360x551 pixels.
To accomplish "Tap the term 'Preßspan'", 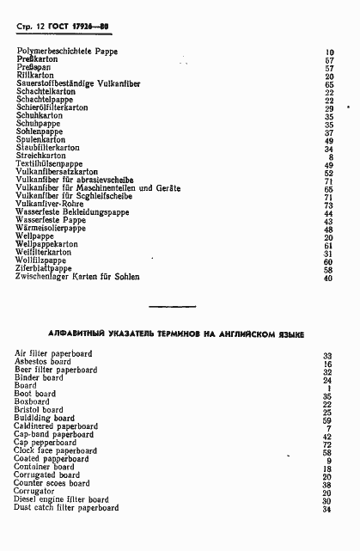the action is (35, 68).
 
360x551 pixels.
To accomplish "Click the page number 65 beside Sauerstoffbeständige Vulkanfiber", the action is (328, 84).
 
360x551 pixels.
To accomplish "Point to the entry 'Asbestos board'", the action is (43, 362).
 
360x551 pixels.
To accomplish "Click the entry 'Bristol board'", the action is (40, 410).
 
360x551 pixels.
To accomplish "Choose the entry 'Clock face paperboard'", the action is (56, 450).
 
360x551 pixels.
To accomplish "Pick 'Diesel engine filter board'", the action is (62, 499).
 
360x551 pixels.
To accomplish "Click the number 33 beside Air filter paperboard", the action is (327, 355).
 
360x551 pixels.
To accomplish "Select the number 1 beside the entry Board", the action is (329, 387).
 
